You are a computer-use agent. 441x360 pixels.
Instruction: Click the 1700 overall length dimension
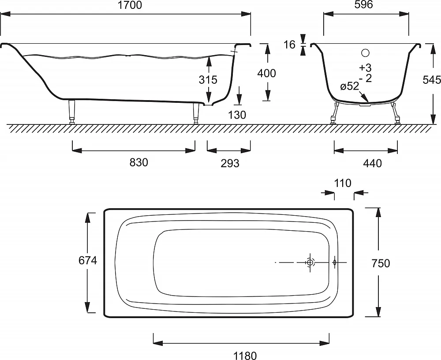[x=130, y=5]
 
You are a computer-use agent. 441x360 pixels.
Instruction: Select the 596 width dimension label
[x=364, y=4]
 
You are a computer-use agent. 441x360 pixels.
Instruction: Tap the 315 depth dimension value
[x=208, y=80]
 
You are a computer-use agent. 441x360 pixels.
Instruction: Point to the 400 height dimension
[x=267, y=73]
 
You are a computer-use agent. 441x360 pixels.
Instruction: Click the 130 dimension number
[x=237, y=115]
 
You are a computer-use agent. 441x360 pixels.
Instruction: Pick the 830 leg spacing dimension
[x=138, y=162]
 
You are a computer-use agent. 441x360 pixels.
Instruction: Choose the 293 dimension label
[x=230, y=163]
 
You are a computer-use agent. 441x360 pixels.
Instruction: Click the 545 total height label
[x=432, y=80]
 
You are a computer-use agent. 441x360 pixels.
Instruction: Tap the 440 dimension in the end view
[x=372, y=163]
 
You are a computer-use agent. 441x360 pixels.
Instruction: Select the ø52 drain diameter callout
[x=350, y=86]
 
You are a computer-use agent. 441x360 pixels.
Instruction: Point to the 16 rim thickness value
[x=289, y=45]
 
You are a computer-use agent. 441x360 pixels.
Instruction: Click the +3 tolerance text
[x=365, y=67]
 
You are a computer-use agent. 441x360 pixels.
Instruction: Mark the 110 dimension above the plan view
[x=343, y=183]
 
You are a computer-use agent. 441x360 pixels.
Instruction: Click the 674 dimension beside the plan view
[x=88, y=260]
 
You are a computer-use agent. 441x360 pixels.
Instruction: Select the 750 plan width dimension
[x=381, y=263]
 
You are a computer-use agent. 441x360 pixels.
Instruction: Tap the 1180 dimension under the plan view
[x=245, y=356]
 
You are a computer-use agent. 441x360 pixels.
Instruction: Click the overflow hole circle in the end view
[x=365, y=52]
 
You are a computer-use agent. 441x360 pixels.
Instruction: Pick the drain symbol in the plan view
[x=310, y=262]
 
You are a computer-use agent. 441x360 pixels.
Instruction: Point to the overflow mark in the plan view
[x=334, y=262]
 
